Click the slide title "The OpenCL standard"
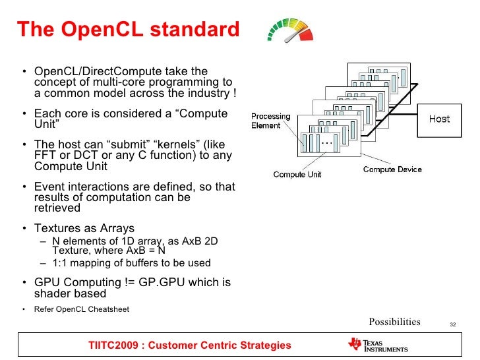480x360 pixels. point(127,30)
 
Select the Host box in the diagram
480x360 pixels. point(439,119)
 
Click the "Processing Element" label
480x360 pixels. point(270,121)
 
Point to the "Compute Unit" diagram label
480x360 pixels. point(297,175)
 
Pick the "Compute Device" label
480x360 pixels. point(392,169)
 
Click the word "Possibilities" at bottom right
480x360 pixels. point(394,322)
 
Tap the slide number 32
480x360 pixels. point(453,324)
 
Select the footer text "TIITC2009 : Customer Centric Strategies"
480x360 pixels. point(190,345)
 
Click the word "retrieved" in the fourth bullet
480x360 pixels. point(57,208)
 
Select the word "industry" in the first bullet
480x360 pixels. point(206,94)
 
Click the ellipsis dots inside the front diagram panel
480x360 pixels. point(327,142)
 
